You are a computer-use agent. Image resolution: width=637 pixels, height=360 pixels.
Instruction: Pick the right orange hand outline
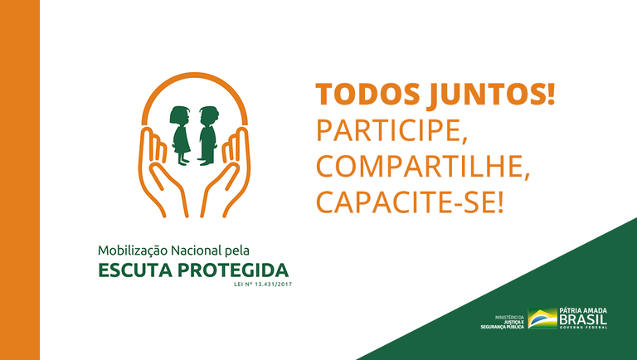pyautogui.click(x=235, y=170)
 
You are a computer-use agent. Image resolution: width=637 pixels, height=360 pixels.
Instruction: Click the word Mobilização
pyautogui.click(x=134, y=250)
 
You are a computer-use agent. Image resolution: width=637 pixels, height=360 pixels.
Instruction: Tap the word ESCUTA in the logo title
pyautogui.click(x=134, y=270)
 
